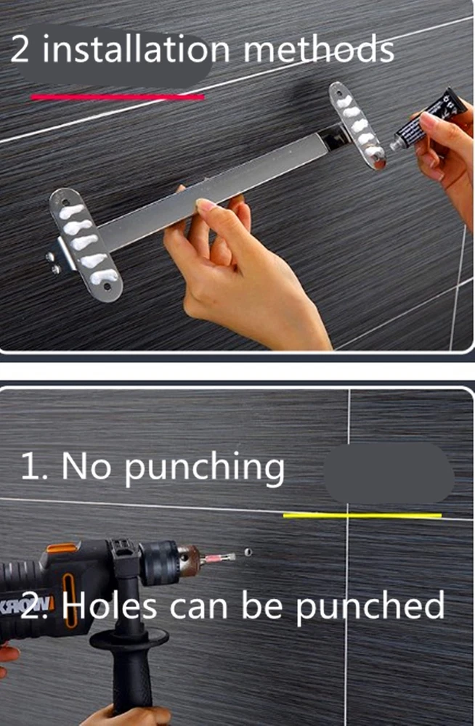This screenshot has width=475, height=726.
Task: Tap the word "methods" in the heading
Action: click(319, 49)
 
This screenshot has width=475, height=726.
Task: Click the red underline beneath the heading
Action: click(118, 97)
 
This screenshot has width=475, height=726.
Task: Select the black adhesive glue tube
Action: click(429, 118)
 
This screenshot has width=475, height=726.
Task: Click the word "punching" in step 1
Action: click(204, 468)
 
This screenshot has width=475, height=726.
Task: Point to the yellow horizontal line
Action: click(362, 515)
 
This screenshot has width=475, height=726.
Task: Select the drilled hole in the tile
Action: click(248, 552)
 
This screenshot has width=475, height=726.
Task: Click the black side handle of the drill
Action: click(130, 666)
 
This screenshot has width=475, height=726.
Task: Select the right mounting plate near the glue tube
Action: click(357, 126)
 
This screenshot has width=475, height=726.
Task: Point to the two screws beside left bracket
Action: click(53, 263)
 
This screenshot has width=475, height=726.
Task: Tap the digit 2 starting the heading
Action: click(20, 49)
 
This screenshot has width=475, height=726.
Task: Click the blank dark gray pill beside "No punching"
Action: click(389, 473)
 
